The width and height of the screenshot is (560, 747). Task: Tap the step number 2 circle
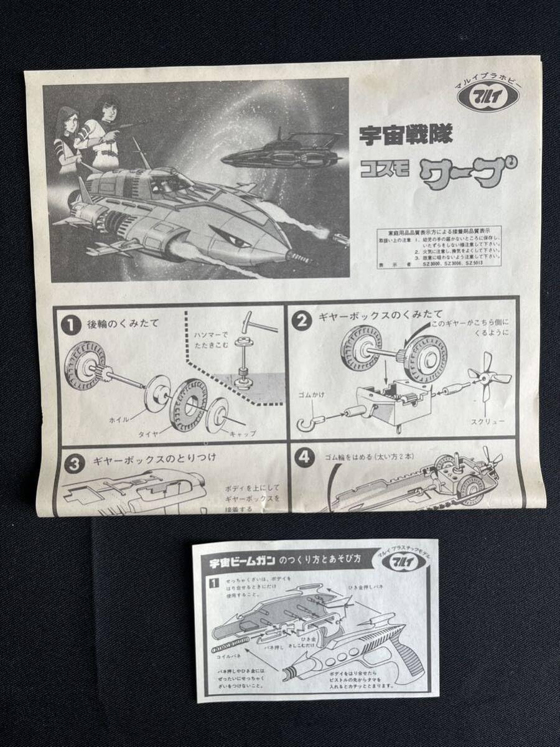tap(302, 321)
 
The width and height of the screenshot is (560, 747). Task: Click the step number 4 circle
tap(303, 458)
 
